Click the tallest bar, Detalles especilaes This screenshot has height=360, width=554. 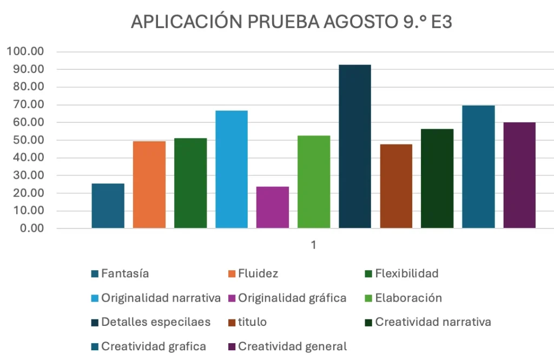click(355, 146)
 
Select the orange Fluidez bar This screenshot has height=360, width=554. click(149, 184)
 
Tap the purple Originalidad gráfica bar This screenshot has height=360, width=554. click(273, 207)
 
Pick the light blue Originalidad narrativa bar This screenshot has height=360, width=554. click(232, 169)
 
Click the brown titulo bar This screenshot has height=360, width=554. click(396, 186)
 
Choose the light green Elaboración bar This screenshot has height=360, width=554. click(314, 181)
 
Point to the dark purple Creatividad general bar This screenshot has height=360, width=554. click(519, 175)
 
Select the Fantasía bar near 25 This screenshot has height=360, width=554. click(108, 206)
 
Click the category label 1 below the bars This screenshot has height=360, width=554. click(313, 245)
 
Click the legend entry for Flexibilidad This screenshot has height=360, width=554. click(406, 273)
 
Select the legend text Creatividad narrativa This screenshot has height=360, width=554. click(433, 322)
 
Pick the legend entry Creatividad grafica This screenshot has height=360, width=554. click(153, 346)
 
